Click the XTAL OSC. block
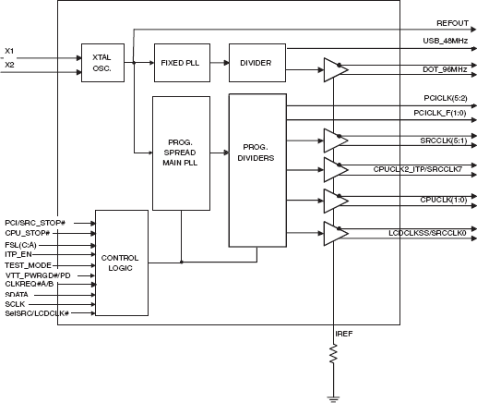coord(102,63)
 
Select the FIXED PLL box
coord(182,63)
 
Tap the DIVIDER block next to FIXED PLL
coord(257,63)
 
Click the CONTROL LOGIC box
coord(122,263)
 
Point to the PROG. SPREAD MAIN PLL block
coord(182,153)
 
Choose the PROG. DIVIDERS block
coord(257,170)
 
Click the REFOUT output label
coord(452,23)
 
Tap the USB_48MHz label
coord(446,41)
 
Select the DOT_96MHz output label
coord(445,69)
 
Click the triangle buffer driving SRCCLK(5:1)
coord(335,140)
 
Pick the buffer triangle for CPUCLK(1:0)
coord(335,201)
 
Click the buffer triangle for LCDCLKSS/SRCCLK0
coord(335,234)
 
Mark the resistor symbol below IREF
coord(333,354)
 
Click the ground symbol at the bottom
coord(333,399)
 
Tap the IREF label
coord(344,334)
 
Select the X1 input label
coord(9,51)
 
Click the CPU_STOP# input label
coord(28,233)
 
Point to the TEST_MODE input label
coord(28,265)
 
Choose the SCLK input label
coord(15,304)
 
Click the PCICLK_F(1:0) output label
coord(440,113)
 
